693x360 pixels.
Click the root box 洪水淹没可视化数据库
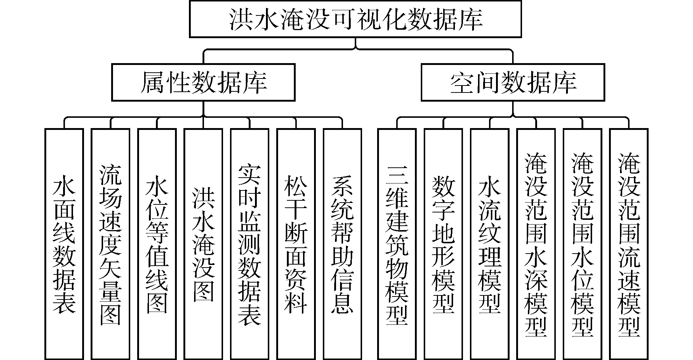355,19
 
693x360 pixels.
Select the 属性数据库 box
203,82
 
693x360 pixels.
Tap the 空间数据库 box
513,82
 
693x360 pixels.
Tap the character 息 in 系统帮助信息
342,302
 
